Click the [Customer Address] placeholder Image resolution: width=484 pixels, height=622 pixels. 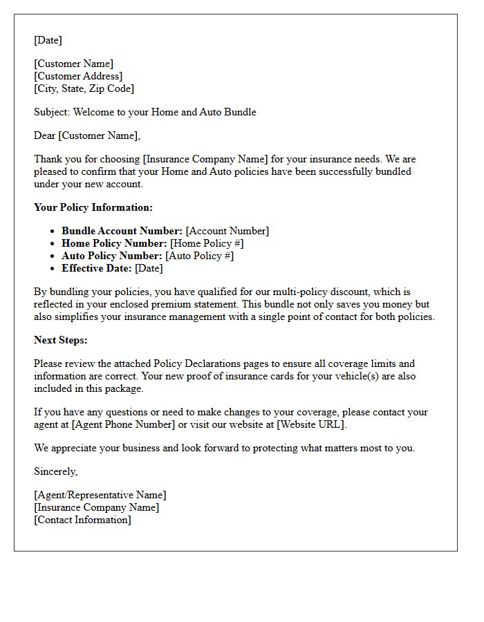coord(78,76)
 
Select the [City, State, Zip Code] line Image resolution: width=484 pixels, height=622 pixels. coord(84,88)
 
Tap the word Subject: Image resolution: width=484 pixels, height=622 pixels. coord(52,112)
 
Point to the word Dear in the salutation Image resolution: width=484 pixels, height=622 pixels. coord(44,135)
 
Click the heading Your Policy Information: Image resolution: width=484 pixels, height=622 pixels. coord(93,207)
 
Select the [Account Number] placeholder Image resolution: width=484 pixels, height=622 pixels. coord(227,231)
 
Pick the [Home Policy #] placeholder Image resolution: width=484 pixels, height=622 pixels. coord(207,243)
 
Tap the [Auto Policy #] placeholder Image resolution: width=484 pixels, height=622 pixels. coord(199,256)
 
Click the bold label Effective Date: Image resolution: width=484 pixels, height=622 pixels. coord(97,268)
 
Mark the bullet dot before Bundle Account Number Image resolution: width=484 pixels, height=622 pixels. coord(53,232)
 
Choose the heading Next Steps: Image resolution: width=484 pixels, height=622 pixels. coord(61,340)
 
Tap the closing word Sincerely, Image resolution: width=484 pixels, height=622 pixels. coord(56,471)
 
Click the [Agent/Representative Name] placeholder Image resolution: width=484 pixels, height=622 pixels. coord(100,495)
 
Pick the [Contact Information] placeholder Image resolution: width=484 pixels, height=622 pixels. coord(82,520)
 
